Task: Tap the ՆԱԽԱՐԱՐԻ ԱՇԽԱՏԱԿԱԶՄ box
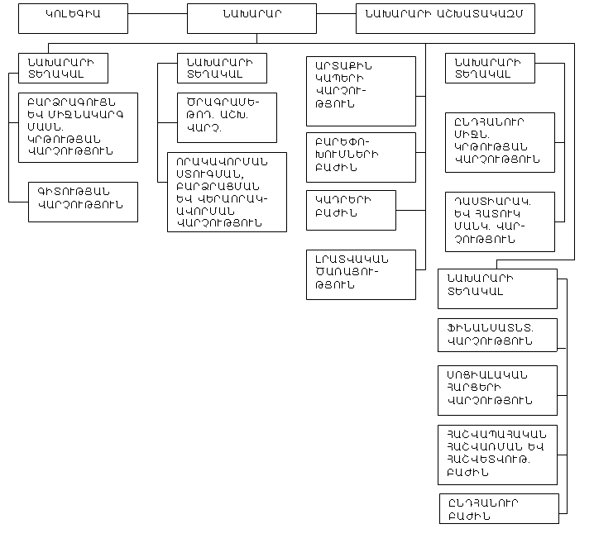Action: pyautogui.click(x=445, y=17)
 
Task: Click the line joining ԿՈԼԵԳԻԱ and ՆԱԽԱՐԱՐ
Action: pyautogui.click(x=158, y=14)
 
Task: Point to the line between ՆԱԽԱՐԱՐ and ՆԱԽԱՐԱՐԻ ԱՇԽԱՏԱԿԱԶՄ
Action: pyautogui.click(x=336, y=14)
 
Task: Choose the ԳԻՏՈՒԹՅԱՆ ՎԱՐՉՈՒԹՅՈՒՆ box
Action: pyautogui.click(x=83, y=201)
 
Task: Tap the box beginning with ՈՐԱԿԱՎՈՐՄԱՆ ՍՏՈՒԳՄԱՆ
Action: pyautogui.click(x=227, y=191)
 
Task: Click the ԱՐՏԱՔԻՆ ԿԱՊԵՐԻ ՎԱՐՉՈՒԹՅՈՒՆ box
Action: pyautogui.click(x=361, y=90)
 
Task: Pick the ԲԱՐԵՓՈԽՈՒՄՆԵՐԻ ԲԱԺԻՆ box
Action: pyautogui.click(x=361, y=156)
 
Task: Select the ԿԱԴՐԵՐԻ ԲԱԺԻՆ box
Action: pyautogui.click(x=351, y=209)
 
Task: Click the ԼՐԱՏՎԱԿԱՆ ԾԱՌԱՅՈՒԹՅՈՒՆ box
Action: pyautogui.click(x=361, y=274)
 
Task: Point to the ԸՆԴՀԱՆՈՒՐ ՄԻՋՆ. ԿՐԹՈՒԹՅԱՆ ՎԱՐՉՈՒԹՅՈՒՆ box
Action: pyautogui.click(x=500, y=141)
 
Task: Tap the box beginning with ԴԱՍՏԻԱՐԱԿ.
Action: pyautogui.click(x=500, y=221)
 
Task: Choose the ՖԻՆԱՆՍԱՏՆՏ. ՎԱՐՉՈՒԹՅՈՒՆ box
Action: pyautogui.click(x=497, y=334)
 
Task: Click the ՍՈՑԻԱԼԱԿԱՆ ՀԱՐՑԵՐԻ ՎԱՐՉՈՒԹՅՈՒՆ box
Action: pyautogui.click(x=497, y=389)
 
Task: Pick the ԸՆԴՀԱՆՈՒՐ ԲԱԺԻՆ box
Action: pyautogui.click(x=499, y=508)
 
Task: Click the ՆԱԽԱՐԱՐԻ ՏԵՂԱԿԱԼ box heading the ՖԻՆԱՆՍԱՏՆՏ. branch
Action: pyautogui.click(x=497, y=288)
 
